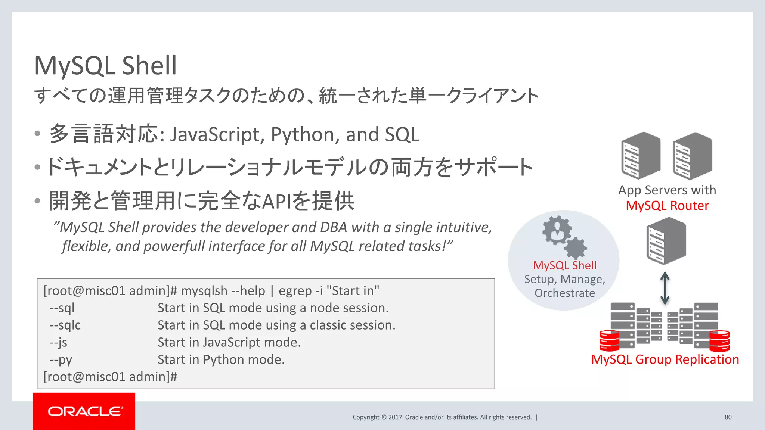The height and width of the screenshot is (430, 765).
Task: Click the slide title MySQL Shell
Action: pos(105,65)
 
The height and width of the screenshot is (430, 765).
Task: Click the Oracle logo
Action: pos(85,411)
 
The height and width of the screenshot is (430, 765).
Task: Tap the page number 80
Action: pos(728,417)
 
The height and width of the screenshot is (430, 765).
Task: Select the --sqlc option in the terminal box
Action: pos(65,325)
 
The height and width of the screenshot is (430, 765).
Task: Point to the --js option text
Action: pos(58,342)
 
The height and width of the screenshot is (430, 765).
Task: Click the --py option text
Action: pos(61,359)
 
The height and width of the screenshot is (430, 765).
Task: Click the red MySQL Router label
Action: pos(667,206)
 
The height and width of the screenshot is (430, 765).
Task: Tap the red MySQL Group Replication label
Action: pos(665,359)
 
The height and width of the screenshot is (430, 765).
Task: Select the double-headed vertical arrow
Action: pos(665,288)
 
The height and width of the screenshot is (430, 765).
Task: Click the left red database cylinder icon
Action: pos(609,340)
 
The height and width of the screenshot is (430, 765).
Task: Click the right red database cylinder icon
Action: pos(719,340)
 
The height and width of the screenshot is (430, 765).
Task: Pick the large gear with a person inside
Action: pos(557,230)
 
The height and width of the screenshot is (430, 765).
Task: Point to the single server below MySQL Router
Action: pos(666,241)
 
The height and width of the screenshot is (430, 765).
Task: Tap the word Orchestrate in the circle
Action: pos(564,293)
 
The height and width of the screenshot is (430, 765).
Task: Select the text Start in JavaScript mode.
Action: pos(229,342)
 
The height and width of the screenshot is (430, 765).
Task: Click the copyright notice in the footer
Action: pos(442,417)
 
